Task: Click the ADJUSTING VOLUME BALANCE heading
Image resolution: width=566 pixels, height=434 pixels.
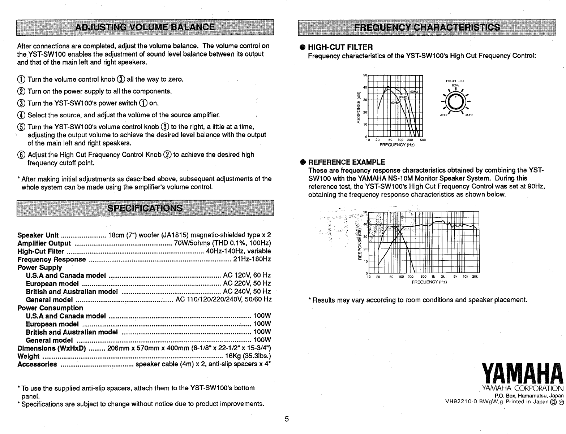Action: pos(145,27)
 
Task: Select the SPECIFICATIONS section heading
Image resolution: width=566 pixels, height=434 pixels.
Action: pos(145,208)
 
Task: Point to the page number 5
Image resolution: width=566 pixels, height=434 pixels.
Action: pos(287,419)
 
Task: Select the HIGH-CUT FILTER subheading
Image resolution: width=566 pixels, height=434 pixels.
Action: pos(340,47)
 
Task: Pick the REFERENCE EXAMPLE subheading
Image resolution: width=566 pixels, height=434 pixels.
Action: pos(346,162)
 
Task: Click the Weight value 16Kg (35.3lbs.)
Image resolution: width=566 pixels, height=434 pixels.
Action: pos(248,356)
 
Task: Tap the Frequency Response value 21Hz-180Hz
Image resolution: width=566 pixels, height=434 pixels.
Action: pos(252,259)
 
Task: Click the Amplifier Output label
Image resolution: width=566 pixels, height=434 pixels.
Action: pos(44,243)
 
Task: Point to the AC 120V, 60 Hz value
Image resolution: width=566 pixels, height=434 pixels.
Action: pos(247,275)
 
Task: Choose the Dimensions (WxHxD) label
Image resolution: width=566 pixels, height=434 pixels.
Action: pos(51,348)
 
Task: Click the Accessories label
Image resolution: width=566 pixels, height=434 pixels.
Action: pos(37,364)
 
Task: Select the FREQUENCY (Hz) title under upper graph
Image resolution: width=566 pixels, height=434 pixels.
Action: pos(396,145)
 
